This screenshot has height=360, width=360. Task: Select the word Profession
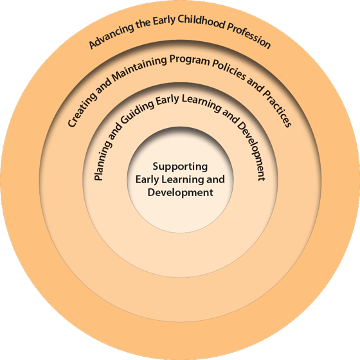point(249,35)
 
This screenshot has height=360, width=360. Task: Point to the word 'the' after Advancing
point(143,24)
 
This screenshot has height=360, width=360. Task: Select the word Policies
point(229,69)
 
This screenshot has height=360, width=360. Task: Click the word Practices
point(277,108)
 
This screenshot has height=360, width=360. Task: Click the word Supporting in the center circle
point(180,166)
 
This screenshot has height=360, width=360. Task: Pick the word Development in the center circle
point(180,192)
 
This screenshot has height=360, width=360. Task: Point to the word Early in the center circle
point(147,179)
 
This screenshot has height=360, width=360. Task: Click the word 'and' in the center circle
point(215,179)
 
